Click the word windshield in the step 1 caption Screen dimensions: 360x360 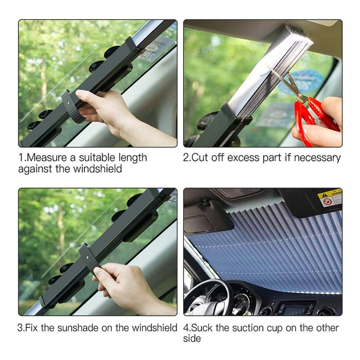click(x=98, y=169)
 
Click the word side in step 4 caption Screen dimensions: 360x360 click(x=192, y=338)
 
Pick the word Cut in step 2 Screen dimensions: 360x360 click(x=199, y=158)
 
